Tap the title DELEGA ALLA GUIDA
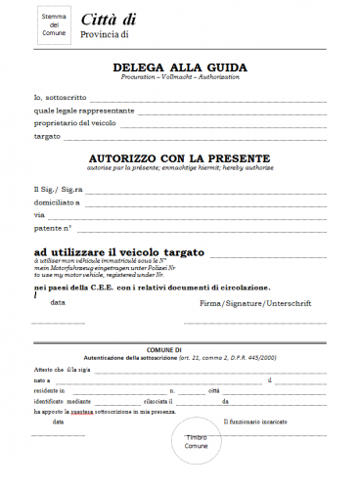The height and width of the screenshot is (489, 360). coord(180,67)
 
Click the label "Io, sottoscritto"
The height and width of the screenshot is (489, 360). coord(60,99)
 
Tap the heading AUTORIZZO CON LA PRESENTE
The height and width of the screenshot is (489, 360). coord(179,156)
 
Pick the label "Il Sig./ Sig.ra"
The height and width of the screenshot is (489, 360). coord(58,188)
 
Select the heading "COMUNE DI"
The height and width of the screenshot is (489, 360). coord(179,349)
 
